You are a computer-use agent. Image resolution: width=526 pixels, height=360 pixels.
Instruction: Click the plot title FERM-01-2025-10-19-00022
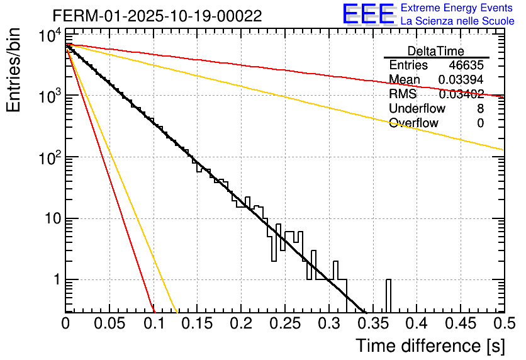(157, 16)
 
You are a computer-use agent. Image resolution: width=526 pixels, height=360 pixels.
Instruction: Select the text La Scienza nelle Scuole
(457, 21)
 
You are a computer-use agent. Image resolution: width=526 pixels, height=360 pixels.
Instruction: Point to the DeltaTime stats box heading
(436, 51)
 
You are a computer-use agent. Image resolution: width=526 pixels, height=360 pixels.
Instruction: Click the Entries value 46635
(466, 65)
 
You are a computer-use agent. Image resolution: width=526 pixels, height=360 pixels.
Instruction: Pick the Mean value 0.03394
(461, 79)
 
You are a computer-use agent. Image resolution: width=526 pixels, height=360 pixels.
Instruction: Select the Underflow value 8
(480, 109)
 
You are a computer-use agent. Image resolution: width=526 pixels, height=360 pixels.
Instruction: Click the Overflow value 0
(480, 123)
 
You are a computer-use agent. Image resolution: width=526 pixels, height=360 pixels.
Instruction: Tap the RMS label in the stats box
(403, 94)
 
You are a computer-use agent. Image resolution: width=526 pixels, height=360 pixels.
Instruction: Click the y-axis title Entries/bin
(14, 70)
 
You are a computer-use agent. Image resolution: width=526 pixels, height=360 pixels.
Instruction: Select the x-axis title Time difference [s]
(430, 346)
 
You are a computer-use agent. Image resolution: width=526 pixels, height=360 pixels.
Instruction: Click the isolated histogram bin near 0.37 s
(388, 295)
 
